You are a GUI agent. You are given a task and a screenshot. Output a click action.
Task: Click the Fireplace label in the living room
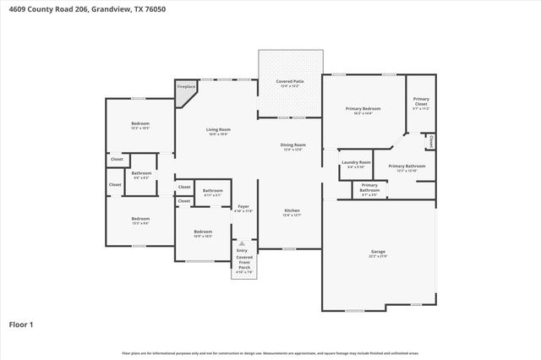[x=185, y=86]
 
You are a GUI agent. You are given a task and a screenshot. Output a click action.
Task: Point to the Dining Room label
[x=292, y=145]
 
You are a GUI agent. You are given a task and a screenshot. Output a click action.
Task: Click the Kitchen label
[x=292, y=210]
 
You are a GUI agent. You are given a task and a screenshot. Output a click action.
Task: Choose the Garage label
[x=378, y=252]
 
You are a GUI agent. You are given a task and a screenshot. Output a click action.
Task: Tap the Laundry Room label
[x=356, y=162]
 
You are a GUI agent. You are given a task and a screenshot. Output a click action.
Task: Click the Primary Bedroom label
[x=363, y=108]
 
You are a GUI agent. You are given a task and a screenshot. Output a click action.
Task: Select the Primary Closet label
[x=420, y=101]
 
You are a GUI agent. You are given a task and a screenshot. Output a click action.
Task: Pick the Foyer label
[x=243, y=205]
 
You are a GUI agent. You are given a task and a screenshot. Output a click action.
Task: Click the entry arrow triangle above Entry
[x=243, y=243]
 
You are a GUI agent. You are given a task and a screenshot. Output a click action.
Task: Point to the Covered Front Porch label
[x=243, y=262]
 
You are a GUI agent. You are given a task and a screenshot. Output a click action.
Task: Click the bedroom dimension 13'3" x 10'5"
[x=140, y=128]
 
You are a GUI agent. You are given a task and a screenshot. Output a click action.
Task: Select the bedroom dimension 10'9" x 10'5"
[x=203, y=237]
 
